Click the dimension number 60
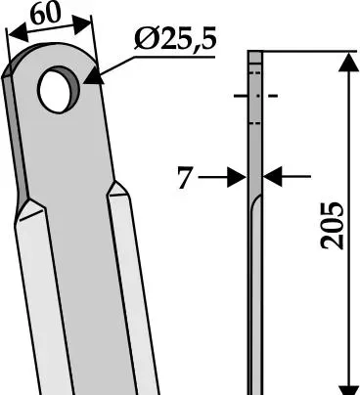tap(46, 14)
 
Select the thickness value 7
tap(185, 178)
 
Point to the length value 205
tap(333, 226)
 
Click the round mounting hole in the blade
tap(56, 91)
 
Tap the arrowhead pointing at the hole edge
tap(94, 76)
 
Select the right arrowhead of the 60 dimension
tap(81, 24)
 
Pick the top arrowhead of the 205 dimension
tap(348, 62)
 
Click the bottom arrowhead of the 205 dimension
tap(348, 389)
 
